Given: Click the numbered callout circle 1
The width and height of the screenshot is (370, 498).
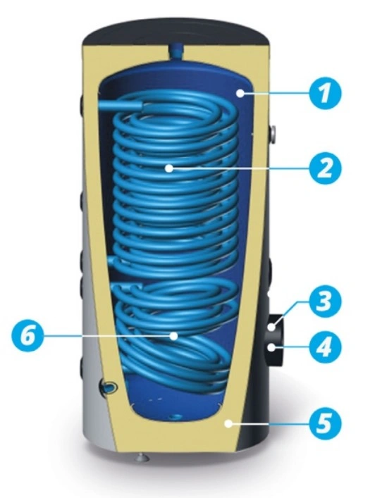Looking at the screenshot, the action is [324, 94].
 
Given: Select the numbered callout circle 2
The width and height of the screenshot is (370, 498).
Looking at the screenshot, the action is [324, 168].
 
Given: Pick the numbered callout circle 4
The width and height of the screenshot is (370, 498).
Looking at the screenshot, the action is [324, 347].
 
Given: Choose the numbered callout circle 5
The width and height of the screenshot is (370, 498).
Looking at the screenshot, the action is [324, 423].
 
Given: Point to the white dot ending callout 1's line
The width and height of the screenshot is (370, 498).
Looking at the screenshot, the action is [240, 94].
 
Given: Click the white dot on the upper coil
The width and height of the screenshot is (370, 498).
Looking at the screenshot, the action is [169, 168].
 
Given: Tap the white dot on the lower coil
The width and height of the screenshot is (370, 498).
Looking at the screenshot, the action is [173, 336].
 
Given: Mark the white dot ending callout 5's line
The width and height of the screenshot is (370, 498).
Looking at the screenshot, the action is [228, 423].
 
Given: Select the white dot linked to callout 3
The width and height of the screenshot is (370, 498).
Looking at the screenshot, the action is [271, 327].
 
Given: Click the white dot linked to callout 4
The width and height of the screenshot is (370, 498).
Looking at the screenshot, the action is [271, 347].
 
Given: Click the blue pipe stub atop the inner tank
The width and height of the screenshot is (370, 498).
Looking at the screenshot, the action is [175, 51].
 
